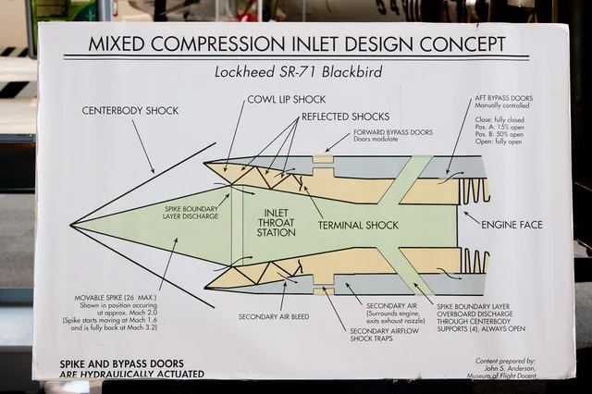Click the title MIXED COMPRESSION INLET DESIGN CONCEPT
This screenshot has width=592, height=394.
[x=297, y=43]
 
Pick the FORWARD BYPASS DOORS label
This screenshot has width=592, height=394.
[x=392, y=132]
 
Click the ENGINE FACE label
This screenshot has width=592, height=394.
[x=511, y=224]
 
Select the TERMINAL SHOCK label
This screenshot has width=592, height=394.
[x=359, y=225]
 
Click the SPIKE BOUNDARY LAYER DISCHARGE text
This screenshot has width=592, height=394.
[x=191, y=213]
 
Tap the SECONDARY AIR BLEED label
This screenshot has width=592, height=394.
[x=273, y=316]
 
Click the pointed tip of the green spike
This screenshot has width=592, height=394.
[x=72, y=225]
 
